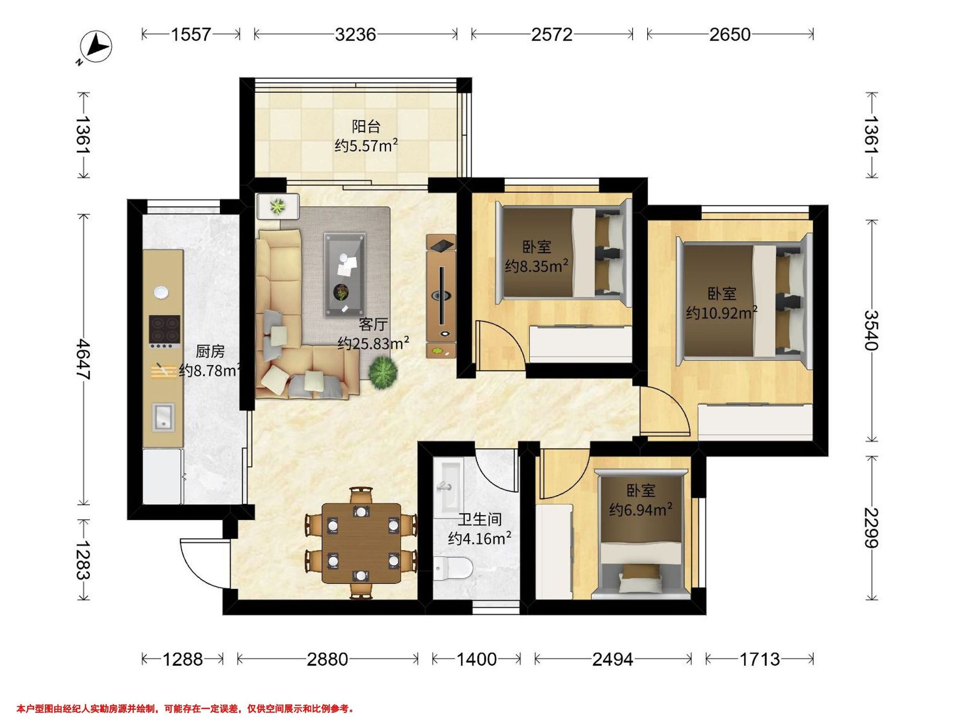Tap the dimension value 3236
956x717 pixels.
(355, 35)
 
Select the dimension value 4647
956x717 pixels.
(82, 360)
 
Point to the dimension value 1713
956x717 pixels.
(760, 659)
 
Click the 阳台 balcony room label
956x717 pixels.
(366, 127)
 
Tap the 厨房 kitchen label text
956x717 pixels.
(210, 351)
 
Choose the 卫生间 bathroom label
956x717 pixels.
(480, 519)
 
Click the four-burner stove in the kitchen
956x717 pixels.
(165, 332)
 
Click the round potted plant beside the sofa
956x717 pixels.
(382, 372)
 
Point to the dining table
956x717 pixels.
(361, 543)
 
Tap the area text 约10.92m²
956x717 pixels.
(721, 312)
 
